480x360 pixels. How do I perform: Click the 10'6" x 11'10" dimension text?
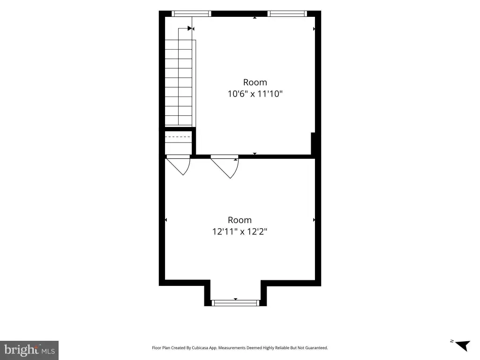click(x=255, y=94)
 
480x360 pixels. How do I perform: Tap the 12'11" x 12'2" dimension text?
click(x=240, y=232)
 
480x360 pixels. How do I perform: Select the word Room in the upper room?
click(x=255, y=82)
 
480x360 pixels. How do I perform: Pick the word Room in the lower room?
click(x=240, y=220)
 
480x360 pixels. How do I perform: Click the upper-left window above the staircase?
click(x=191, y=14)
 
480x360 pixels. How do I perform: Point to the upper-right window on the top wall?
click(x=287, y=14)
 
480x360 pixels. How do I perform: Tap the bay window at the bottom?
click(x=235, y=303)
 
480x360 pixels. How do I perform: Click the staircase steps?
click(x=179, y=82)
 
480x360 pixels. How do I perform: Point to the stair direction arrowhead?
click(x=190, y=29)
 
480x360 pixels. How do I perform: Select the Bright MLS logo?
click(x=29, y=350)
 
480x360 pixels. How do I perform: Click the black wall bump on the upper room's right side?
click(x=313, y=143)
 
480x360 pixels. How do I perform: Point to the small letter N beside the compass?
click(x=452, y=341)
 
